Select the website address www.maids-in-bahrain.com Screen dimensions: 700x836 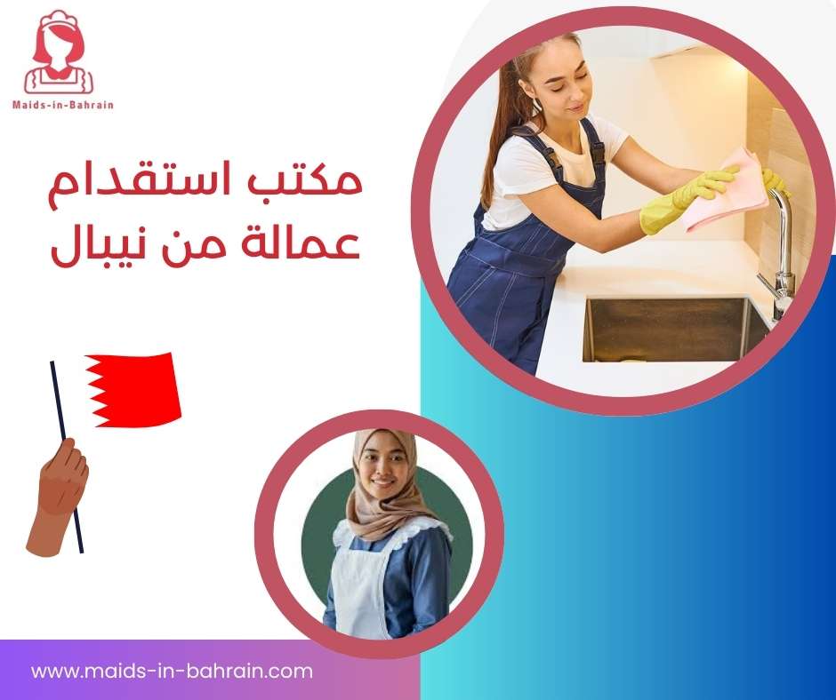click(x=172, y=671)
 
